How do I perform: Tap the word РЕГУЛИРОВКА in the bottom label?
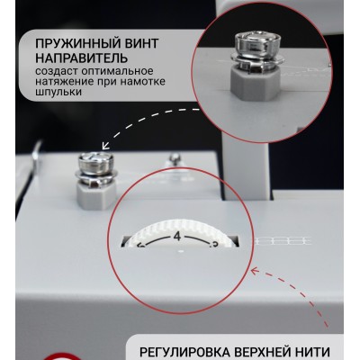[x=186, y=351]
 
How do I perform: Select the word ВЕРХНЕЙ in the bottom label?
[x=269, y=351]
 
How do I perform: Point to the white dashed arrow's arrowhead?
[x=102, y=147]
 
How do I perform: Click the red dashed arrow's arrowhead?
[x=253, y=269]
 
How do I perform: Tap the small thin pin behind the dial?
[x=174, y=161]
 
